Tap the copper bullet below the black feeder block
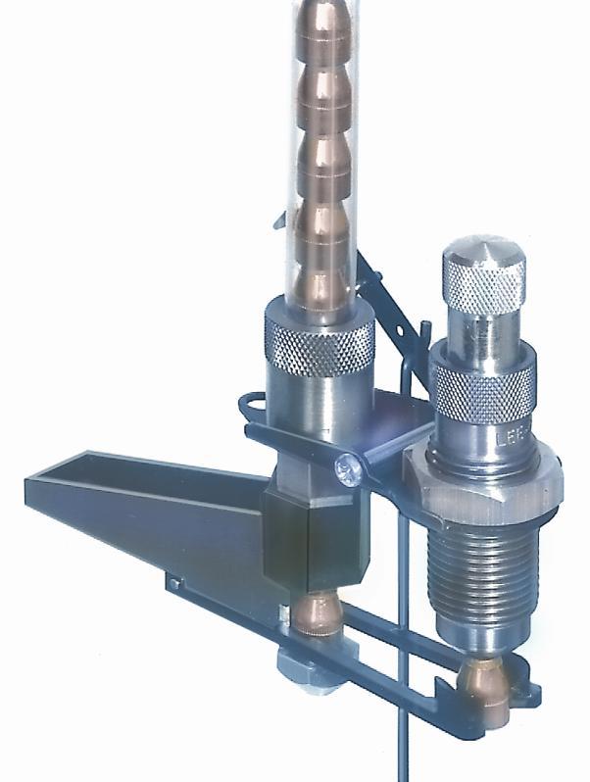pyautogui.click(x=312, y=616)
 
